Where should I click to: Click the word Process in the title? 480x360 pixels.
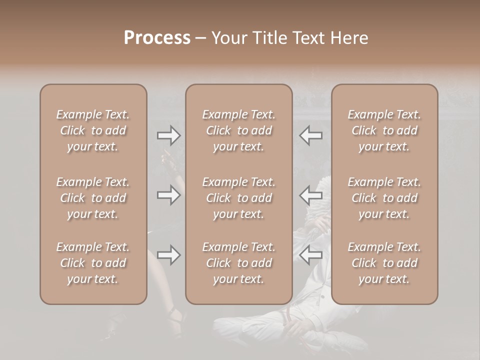[157, 38]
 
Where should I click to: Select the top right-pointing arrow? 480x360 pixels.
[168, 135]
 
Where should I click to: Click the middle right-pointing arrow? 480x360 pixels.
[168, 195]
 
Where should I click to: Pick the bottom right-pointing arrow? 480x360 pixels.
[168, 255]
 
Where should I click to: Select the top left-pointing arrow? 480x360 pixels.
[311, 135]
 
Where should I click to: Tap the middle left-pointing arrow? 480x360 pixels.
[311, 195]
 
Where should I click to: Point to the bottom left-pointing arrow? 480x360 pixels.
[311, 255]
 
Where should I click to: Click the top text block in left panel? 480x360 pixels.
[93, 130]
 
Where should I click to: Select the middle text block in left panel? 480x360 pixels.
[93, 198]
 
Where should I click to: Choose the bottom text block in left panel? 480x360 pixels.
[93, 263]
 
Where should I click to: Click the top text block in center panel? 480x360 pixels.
[238, 130]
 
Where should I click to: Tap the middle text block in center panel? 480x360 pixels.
[238, 198]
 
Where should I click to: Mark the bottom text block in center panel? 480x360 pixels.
[238, 263]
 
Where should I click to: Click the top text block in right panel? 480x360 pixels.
[384, 130]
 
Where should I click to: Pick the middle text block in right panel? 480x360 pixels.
[384, 198]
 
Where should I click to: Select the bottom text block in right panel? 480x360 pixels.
[384, 263]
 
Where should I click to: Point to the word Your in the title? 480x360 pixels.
[227, 38]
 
